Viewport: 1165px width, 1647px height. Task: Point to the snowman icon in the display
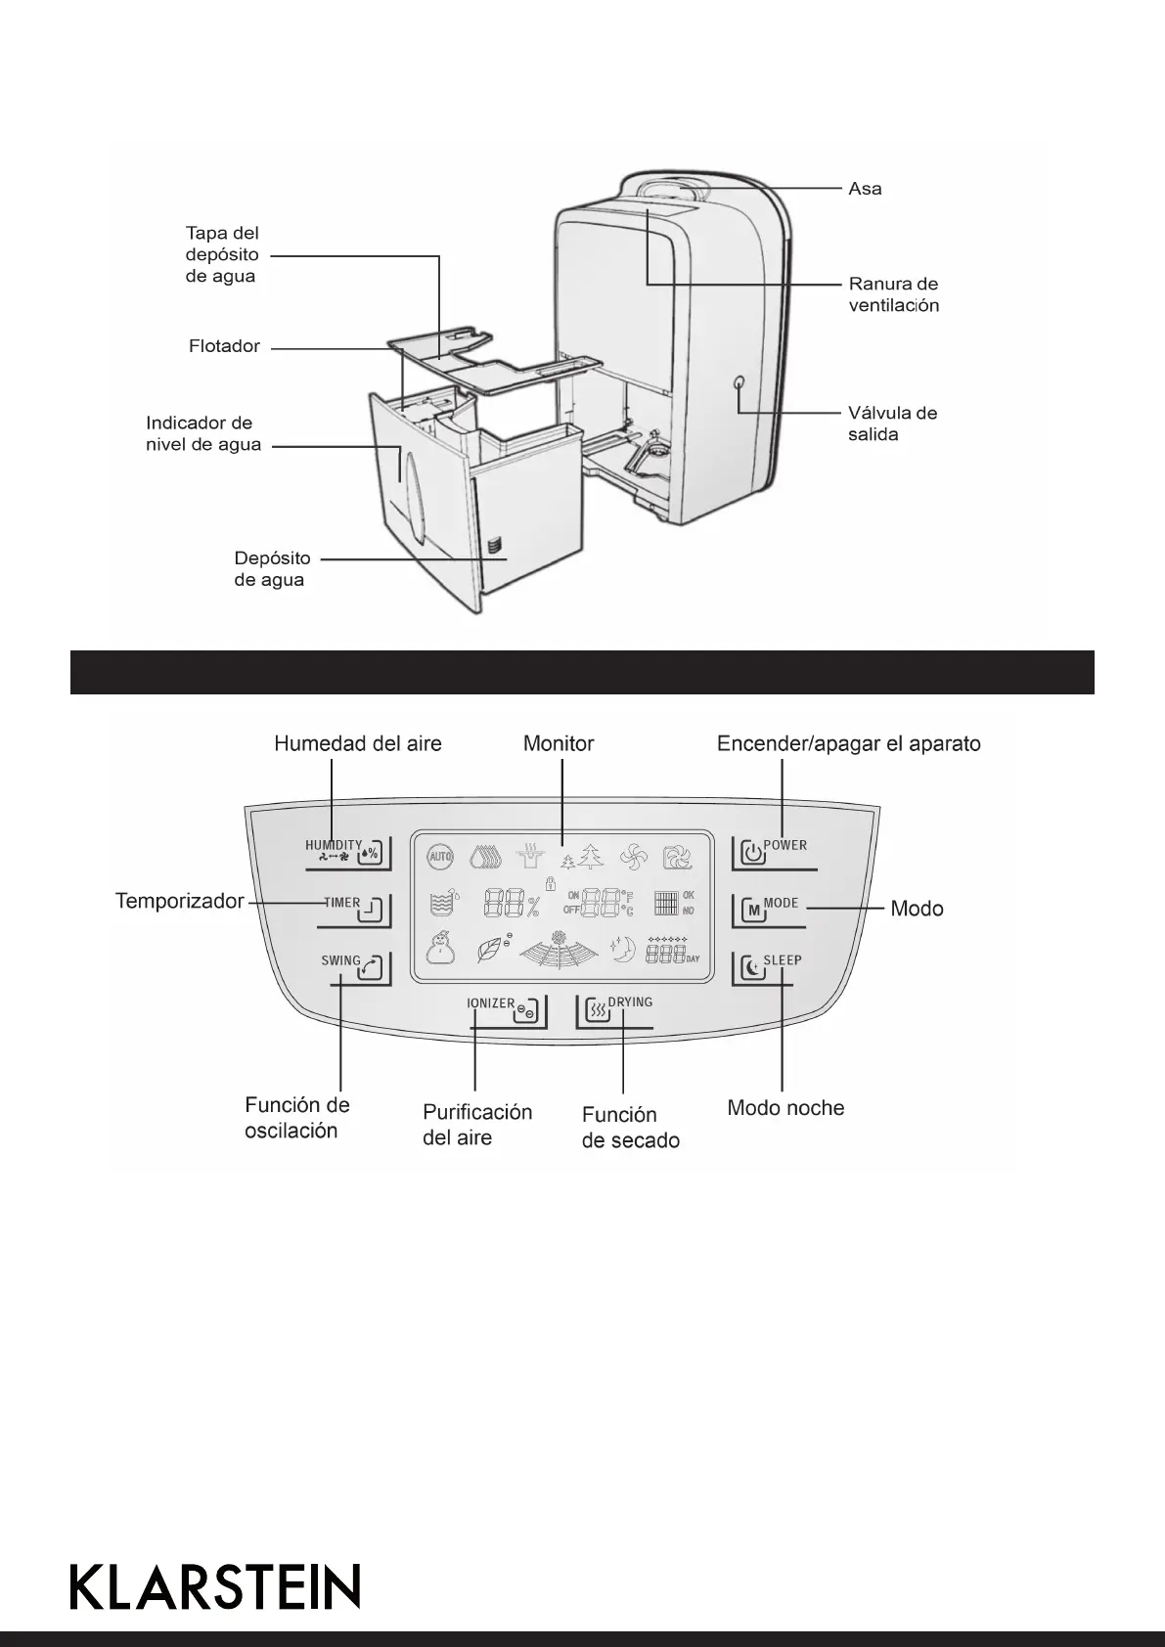[441, 948]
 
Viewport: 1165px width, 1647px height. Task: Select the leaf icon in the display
[489, 950]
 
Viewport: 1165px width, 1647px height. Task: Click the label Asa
[865, 189]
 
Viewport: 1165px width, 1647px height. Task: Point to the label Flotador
[224, 346]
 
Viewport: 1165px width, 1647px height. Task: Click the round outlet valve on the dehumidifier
[739, 383]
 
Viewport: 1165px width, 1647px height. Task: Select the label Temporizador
[180, 901]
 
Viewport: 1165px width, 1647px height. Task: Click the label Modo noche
[785, 1108]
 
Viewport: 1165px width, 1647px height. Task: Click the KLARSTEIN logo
[215, 1586]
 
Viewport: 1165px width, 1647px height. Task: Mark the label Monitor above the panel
[559, 743]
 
